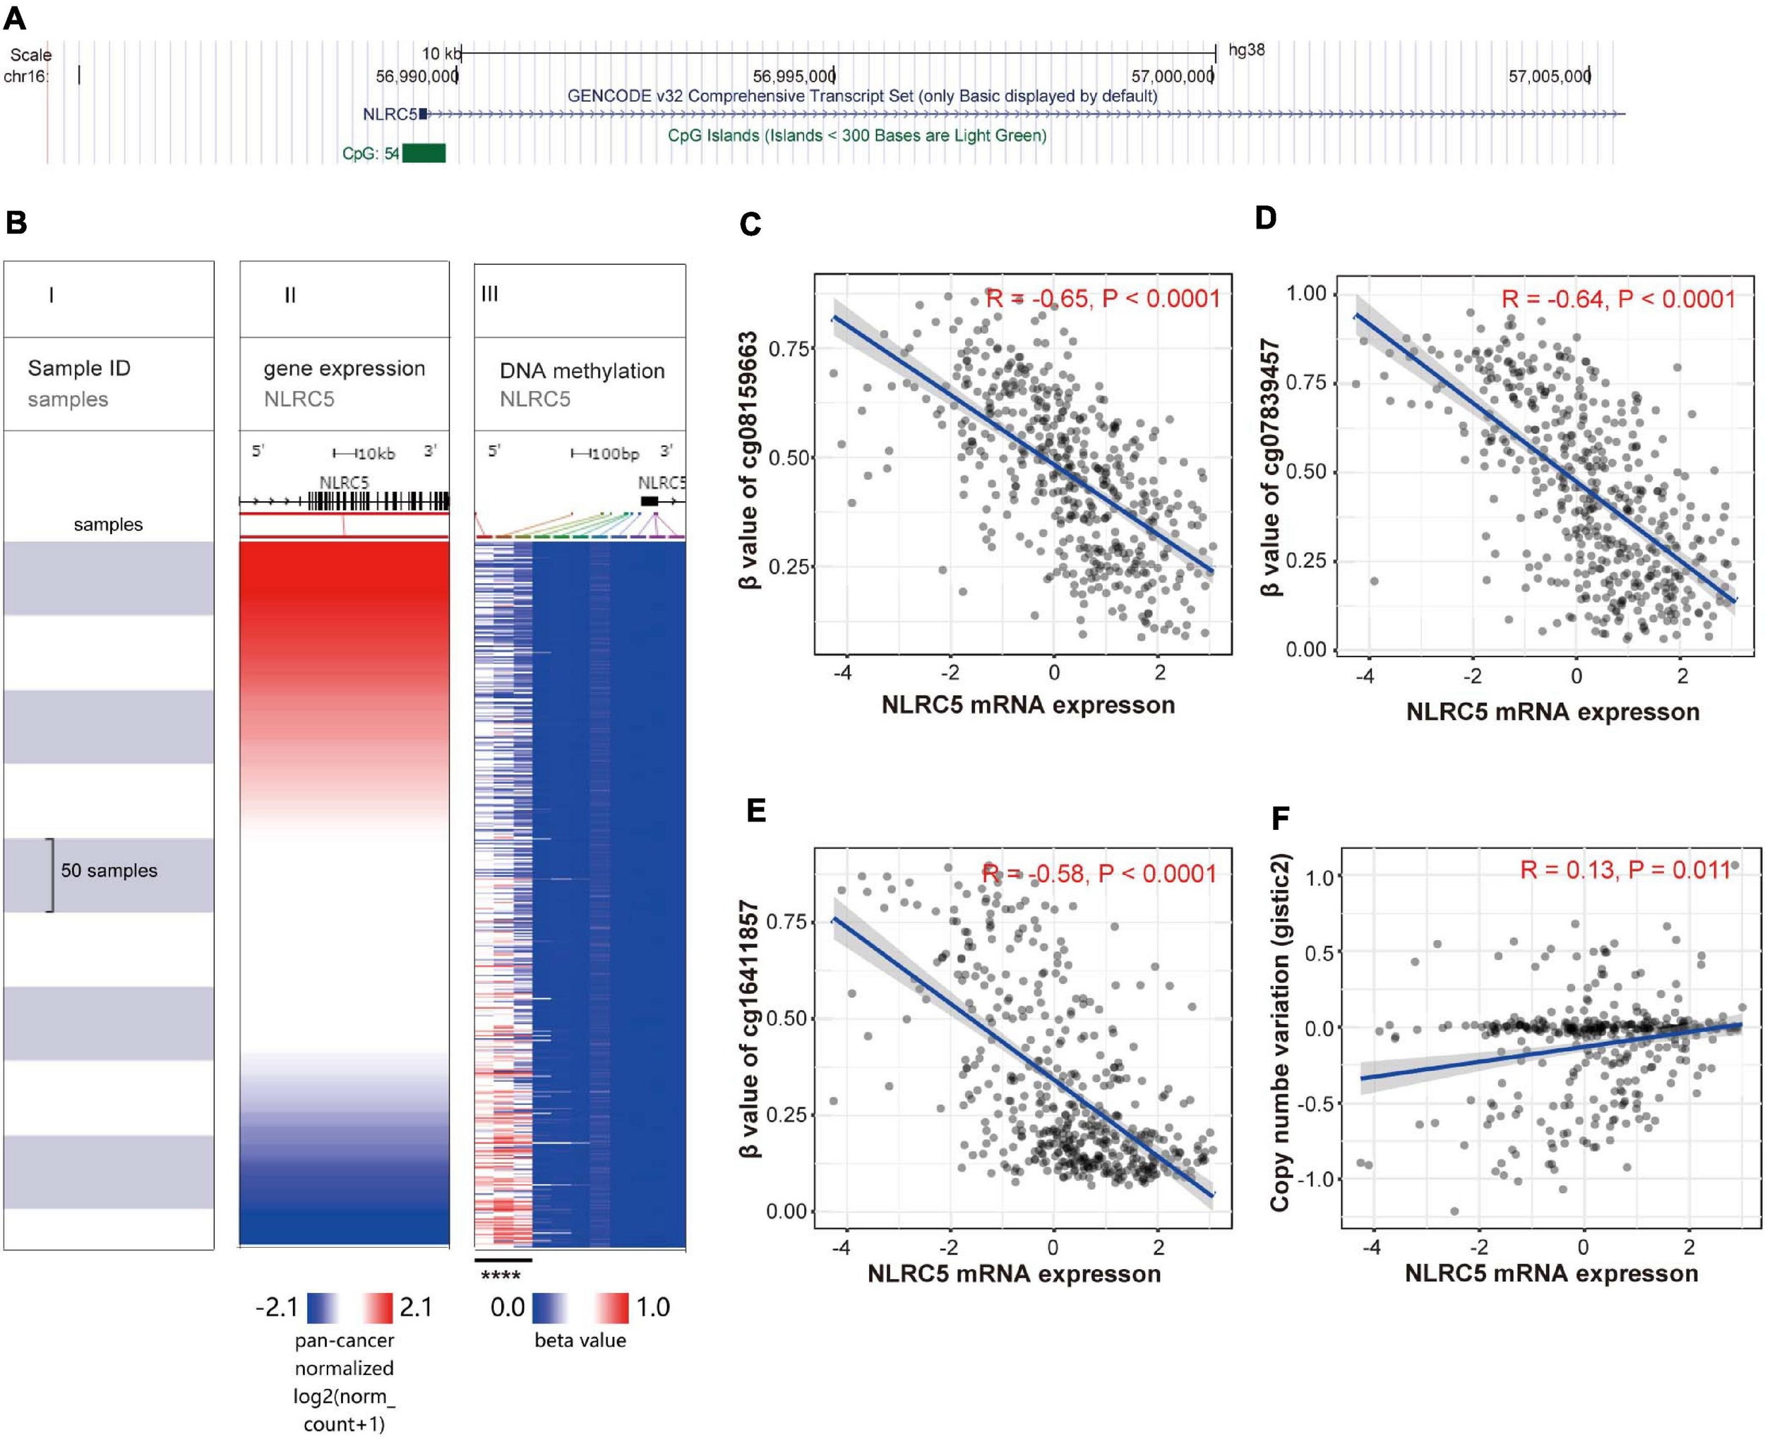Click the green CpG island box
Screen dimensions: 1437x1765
pos(424,153)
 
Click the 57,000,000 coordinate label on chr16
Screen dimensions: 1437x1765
pos(1171,77)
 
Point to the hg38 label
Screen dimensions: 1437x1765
pos(1246,51)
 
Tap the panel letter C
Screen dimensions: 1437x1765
pos(750,224)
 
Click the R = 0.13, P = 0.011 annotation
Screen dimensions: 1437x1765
pos(1626,870)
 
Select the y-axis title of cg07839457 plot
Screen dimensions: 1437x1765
pos(1271,468)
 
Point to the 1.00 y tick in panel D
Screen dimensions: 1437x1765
pos(1305,294)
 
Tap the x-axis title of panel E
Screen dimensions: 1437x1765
pos(1014,1274)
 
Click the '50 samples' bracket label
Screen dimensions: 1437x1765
pos(109,871)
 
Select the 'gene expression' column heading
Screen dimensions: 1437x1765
pos(345,369)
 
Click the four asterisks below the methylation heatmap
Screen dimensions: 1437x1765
pos(501,1276)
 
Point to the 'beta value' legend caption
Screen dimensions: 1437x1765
pos(580,1340)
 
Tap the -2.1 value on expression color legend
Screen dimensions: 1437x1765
pos(277,1308)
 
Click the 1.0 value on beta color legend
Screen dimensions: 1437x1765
pos(652,1308)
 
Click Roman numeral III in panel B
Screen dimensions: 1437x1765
pos(490,294)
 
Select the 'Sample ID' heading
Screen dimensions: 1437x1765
pos(78,368)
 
